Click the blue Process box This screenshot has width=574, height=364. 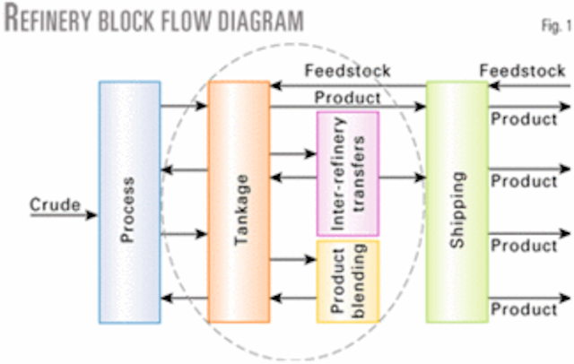(130, 201)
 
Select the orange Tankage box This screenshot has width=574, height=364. (239, 201)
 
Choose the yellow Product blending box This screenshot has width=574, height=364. (347, 281)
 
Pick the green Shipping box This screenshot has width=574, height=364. (457, 201)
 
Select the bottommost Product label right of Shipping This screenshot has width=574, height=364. (525, 309)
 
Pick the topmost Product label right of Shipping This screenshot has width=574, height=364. (525, 119)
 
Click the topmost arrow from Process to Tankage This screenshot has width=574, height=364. (184, 108)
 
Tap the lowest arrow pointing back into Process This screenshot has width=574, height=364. (184, 298)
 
